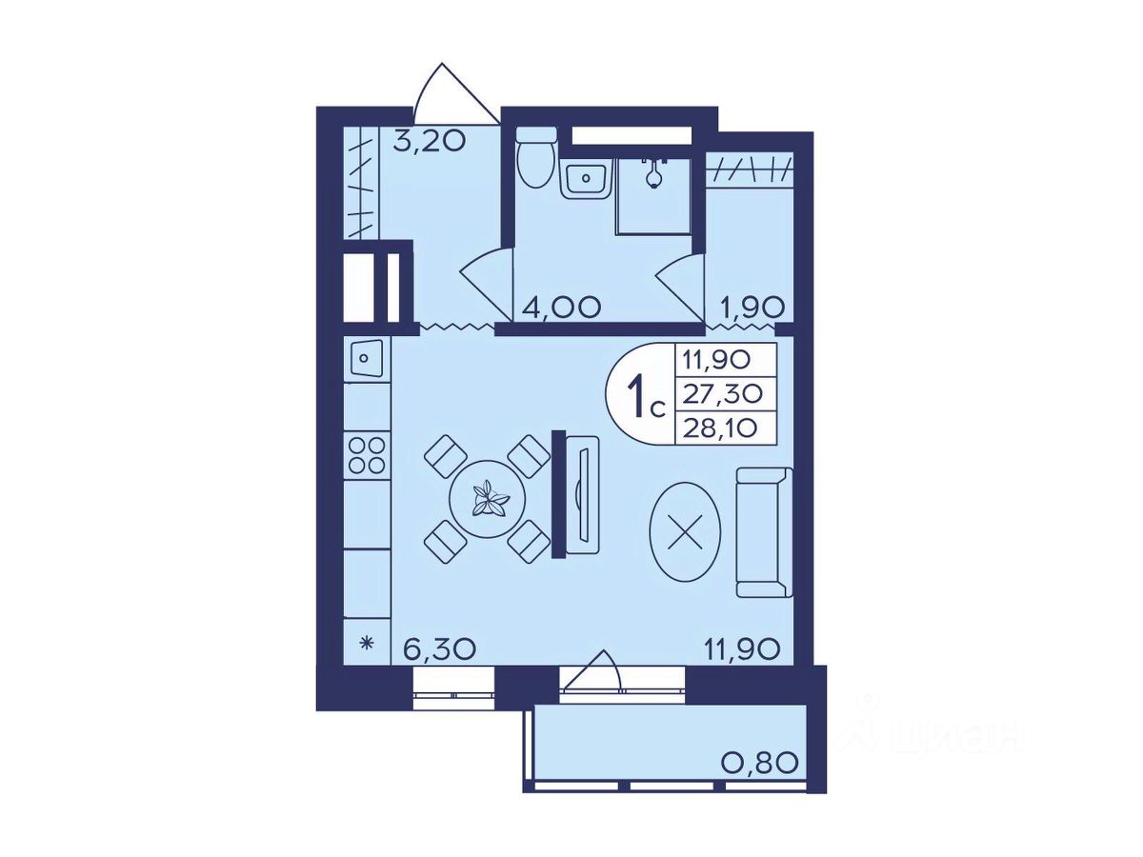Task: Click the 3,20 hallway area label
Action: [428, 141]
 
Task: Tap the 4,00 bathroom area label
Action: [557, 307]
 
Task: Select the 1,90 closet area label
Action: [751, 309]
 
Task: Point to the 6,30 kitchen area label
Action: [439, 648]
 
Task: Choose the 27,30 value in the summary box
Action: [723, 394]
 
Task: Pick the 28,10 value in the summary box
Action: [721, 428]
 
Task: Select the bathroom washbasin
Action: [587, 179]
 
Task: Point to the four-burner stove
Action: [367, 455]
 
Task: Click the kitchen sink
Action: [365, 359]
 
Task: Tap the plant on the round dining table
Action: [488, 499]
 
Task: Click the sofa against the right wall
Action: [764, 531]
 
